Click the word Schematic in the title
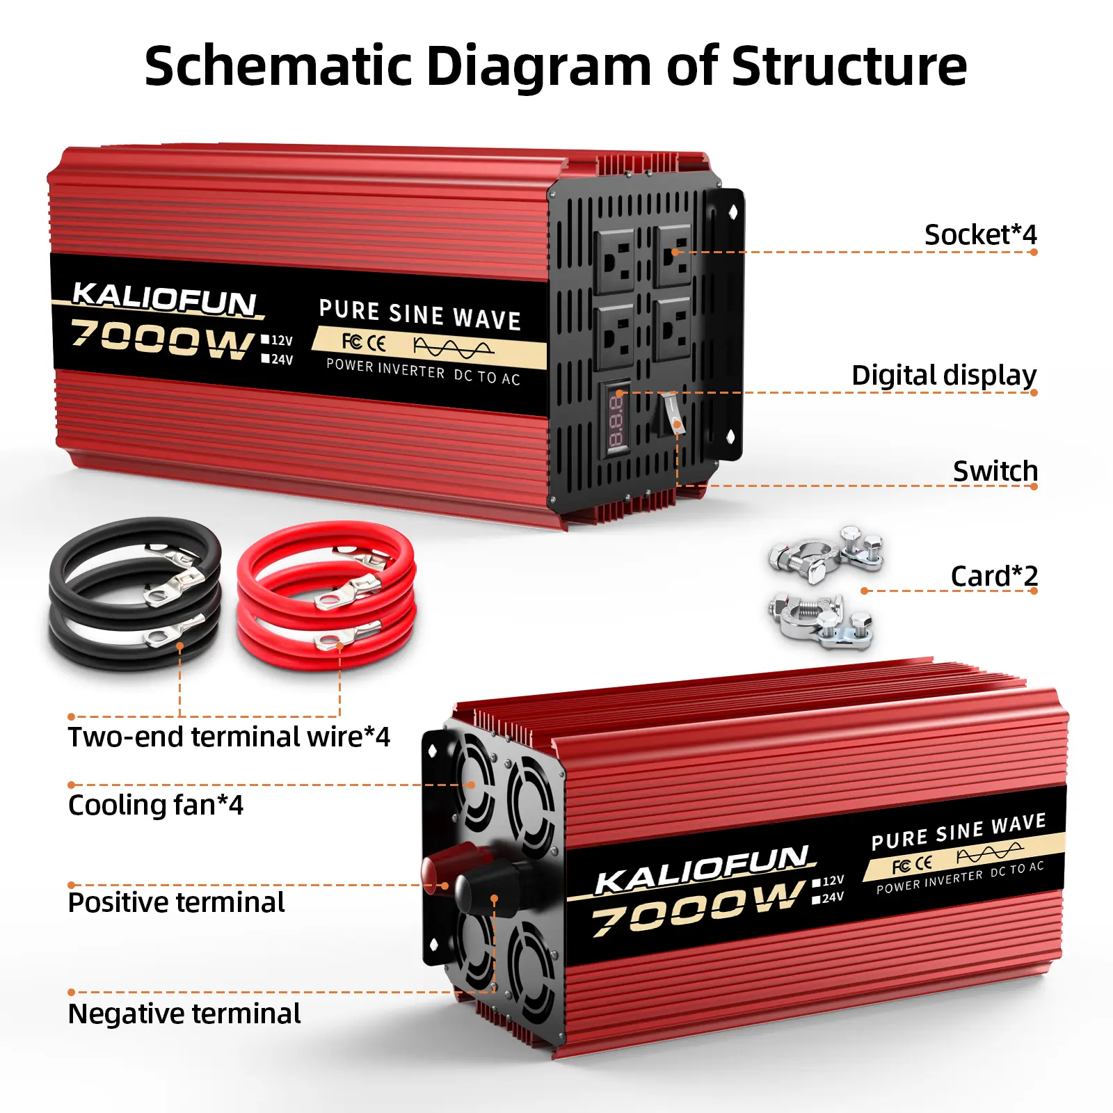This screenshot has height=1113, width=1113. [278, 66]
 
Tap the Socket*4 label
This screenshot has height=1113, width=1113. [979, 235]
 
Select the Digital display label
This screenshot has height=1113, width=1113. [943, 376]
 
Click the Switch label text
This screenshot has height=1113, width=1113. [995, 472]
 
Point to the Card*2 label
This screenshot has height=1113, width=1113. [993, 576]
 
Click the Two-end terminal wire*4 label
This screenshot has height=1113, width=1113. [229, 737]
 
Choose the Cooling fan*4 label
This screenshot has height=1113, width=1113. [156, 806]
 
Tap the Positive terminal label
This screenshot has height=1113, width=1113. [176, 903]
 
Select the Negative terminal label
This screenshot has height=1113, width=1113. [184, 1014]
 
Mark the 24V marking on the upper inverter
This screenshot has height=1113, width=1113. [278, 360]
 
